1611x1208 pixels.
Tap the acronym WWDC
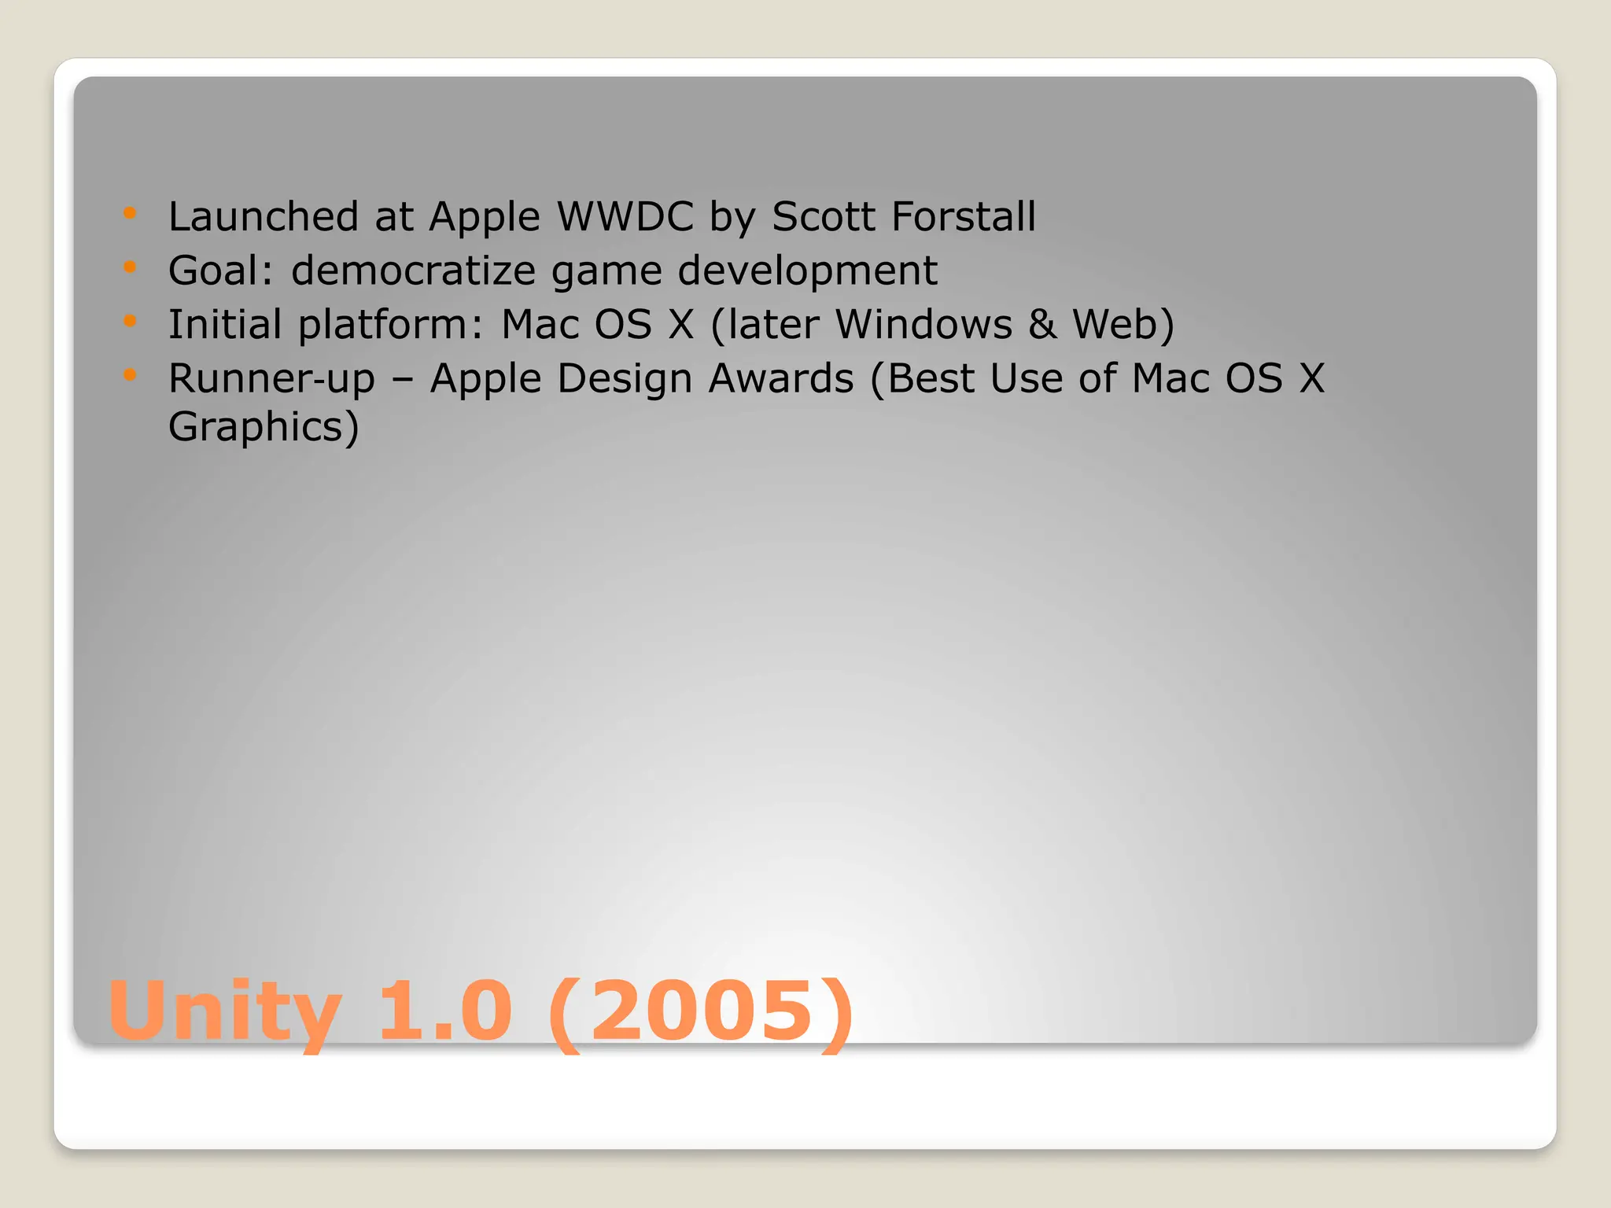tap(625, 216)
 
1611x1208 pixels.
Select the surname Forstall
tap(964, 216)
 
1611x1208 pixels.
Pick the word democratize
tap(414, 271)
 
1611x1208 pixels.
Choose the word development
tap(807, 271)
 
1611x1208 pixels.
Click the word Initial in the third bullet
tap(225, 325)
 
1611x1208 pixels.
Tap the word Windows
tap(923, 325)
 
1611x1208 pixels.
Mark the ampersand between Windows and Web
tap(1042, 325)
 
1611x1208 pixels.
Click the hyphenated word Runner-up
tap(272, 379)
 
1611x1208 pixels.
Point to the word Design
tap(626, 379)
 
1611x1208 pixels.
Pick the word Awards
tap(781, 379)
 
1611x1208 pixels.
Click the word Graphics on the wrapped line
tap(256, 427)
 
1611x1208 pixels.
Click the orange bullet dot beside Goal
tap(131, 267)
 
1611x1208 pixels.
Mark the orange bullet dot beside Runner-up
tap(131, 375)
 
